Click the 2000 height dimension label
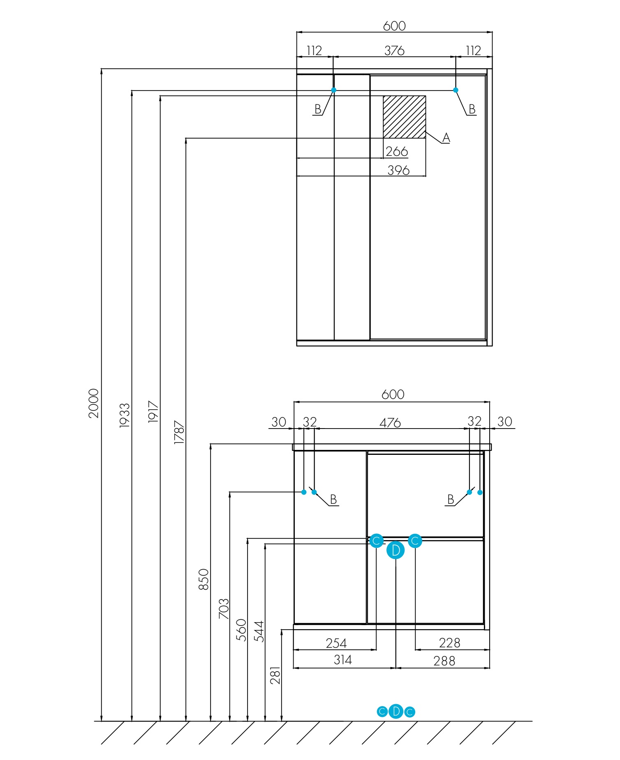(x=94, y=403)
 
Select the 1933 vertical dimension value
(x=125, y=415)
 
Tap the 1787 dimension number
(x=179, y=432)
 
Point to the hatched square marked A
(x=404, y=117)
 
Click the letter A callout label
(x=446, y=138)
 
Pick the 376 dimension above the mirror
(x=394, y=51)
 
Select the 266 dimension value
(x=397, y=151)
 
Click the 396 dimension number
(x=398, y=170)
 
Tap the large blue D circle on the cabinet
(x=396, y=550)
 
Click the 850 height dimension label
(x=204, y=579)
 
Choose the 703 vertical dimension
(x=224, y=609)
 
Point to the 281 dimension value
(x=275, y=675)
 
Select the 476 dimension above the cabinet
(x=390, y=423)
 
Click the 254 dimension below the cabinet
(x=336, y=643)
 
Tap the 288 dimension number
(x=444, y=661)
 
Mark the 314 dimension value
(x=342, y=660)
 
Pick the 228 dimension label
(x=449, y=642)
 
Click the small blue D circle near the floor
(x=396, y=711)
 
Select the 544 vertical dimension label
(x=259, y=631)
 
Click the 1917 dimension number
(x=153, y=412)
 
